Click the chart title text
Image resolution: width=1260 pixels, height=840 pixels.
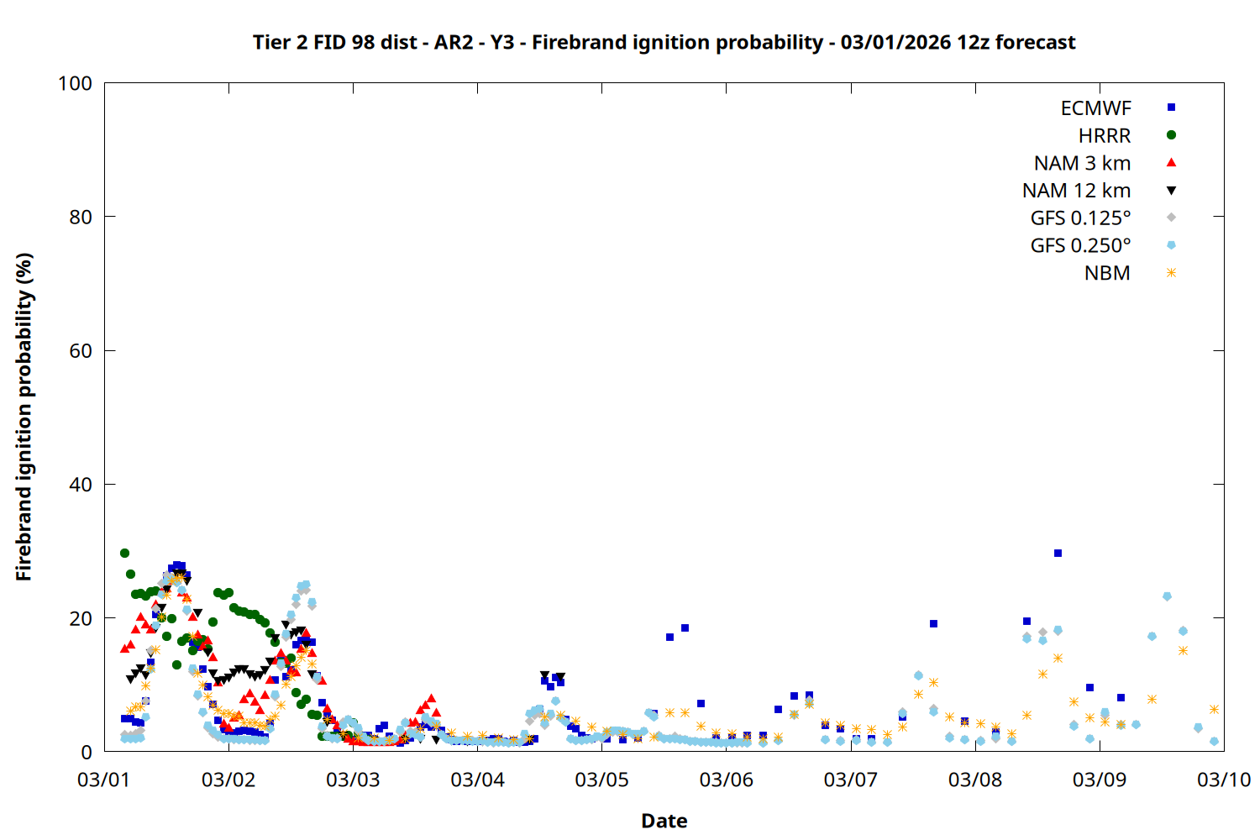tap(664, 42)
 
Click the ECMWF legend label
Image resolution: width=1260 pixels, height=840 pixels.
tap(1095, 108)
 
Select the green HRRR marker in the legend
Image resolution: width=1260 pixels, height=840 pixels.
tap(1171, 135)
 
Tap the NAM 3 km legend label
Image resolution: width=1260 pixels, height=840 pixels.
tap(1082, 163)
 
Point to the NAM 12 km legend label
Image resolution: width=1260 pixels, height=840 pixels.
tap(1076, 191)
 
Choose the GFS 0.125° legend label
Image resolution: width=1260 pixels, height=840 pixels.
tap(1080, 218)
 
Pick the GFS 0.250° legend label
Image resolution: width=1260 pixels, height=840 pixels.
tap(1080, 246)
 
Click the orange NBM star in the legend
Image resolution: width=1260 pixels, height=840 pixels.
tap(1171, 273)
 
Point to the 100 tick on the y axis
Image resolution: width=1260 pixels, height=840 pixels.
tap(75, 83)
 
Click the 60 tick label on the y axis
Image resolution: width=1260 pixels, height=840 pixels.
tap(81, 351)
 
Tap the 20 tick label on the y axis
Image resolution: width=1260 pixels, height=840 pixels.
tap(81, 618)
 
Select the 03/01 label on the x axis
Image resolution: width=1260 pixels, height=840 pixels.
tap(103, 780)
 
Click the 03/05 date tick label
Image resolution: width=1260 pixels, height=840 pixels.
tap(601, 780)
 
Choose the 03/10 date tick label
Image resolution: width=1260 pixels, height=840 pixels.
tap(1224, 780)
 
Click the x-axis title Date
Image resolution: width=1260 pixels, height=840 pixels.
tap(664, 821)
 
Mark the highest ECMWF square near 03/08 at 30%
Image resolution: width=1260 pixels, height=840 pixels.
tap(1058, 553)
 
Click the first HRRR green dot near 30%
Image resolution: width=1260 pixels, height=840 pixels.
tap(124, 553)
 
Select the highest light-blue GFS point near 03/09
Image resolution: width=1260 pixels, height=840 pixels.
tap(1167, 596)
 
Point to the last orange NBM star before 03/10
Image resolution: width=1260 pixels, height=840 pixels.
tap(1214, 709)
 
